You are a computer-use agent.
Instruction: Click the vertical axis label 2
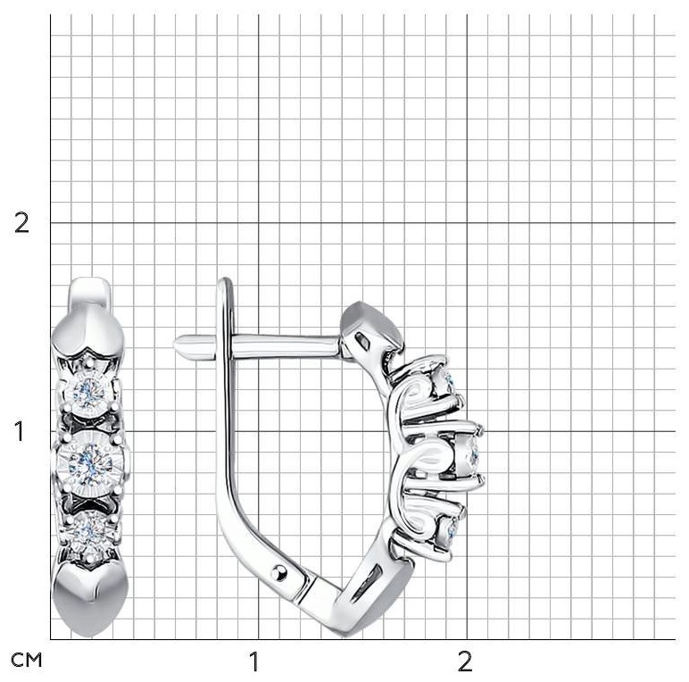(21, 223)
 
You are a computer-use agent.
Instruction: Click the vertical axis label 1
(20, 431)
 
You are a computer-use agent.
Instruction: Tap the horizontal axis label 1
(254, 661)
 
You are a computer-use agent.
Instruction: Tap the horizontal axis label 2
(465, 661)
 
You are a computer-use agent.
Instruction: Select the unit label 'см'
(27, 660)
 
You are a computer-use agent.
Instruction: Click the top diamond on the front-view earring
(88, 393)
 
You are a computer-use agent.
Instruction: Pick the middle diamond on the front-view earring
(90, 462)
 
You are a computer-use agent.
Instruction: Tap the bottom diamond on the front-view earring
(90, 533)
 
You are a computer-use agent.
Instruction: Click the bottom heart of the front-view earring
(90, 597)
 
